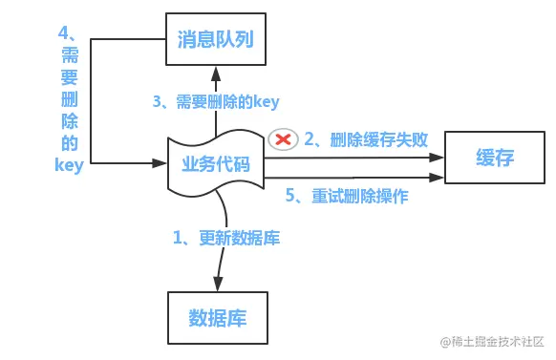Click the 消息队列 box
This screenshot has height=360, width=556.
click(x=215, y=40)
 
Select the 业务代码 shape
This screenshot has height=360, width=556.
click(x=215, y=163)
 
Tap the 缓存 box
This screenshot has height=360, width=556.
click(x=494, y=158)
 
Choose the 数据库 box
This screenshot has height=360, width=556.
click(x=217, y=317)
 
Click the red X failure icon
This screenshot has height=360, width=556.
click(x=283, y=139)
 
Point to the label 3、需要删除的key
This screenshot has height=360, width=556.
click(x=217, y=101)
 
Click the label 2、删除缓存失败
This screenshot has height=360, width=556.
click(x=366, y=139)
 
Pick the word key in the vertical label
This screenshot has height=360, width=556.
click(x=69, y=165)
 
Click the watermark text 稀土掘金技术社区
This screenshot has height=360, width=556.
click(x=498, y=341)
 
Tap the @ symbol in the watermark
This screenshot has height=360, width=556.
click(x=444, y=341)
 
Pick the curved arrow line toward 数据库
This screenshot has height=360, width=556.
click(x=223, y=229)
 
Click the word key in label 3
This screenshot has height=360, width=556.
click(x=267, y=101)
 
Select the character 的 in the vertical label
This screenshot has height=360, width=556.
click(x=69, y=144)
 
